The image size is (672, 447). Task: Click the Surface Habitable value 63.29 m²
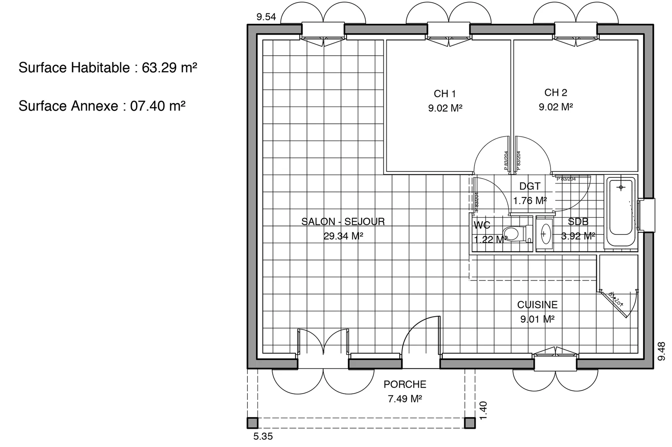pos(169,68)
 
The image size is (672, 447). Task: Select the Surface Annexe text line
pos(102,106)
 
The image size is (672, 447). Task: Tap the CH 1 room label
pos(444,93)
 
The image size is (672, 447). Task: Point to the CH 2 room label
pos(555,92)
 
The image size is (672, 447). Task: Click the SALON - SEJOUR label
pos(343,221)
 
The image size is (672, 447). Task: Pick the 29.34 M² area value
pos(343,236)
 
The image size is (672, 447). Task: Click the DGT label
pos(530,186)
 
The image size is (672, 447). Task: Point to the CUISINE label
pos(537,305)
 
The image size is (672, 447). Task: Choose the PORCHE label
pos(404,384)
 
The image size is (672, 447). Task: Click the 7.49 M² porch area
pos(404,399)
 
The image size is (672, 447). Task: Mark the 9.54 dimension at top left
pos(266,17)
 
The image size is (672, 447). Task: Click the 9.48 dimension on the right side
pos(661,351)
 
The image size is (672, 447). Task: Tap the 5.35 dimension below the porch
pos(263,436)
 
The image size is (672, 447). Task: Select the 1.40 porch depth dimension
pos(483,410)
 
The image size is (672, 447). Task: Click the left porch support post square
pos(252,423)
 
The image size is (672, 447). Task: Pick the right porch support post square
pos(470,423)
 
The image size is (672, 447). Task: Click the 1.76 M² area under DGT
pos(530,201)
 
